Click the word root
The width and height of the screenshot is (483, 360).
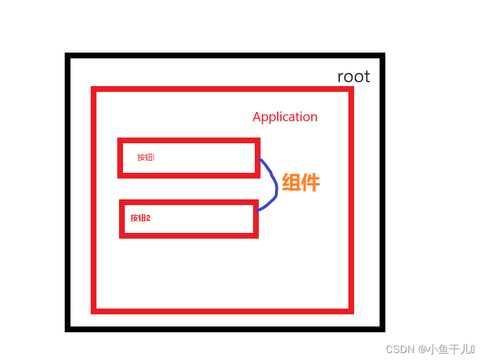click(x=354, y=77)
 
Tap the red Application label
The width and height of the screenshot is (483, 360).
click(x=285, y=117)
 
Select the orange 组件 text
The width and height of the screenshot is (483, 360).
click(x=300, y=183)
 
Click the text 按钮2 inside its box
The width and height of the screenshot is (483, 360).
click(x=140, y=218)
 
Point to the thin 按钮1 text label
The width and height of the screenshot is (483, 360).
click(x=146, y=157)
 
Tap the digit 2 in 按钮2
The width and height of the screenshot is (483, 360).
click(x=148, y=218)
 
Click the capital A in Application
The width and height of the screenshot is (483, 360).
click(x=257, y=117)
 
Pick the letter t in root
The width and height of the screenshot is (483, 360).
click(x=367, y=77)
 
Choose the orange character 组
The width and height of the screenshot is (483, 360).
click(x=291, y=183)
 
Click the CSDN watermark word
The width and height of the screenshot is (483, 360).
click(x=397, y=349)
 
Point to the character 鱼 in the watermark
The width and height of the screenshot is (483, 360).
click(x=443, y=349)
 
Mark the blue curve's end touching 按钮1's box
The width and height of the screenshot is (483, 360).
click(x=261, y=160)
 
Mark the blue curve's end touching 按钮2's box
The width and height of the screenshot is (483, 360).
click(x=257, y=211)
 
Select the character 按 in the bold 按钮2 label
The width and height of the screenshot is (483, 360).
click(x=134, y=218)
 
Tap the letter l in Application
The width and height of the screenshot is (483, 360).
click(x=278, y=117)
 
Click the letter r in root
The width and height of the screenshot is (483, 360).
click(x=340, y=77)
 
